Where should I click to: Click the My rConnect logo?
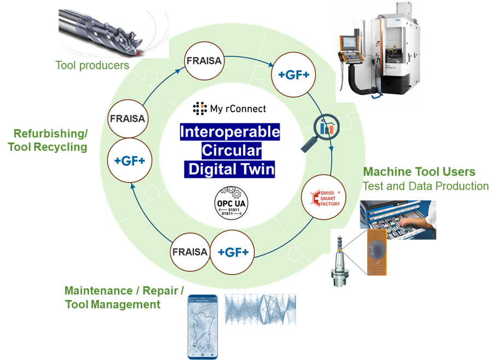point(230,109)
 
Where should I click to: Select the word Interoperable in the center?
point(230,132)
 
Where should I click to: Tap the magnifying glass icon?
point(320,131)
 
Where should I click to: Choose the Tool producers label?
point(92,66)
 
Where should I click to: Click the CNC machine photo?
point(378,51)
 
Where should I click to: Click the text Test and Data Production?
point(425,186)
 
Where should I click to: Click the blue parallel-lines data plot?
point(260,309)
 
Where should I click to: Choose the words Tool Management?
point(113,305)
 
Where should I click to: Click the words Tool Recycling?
point(47,147)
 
